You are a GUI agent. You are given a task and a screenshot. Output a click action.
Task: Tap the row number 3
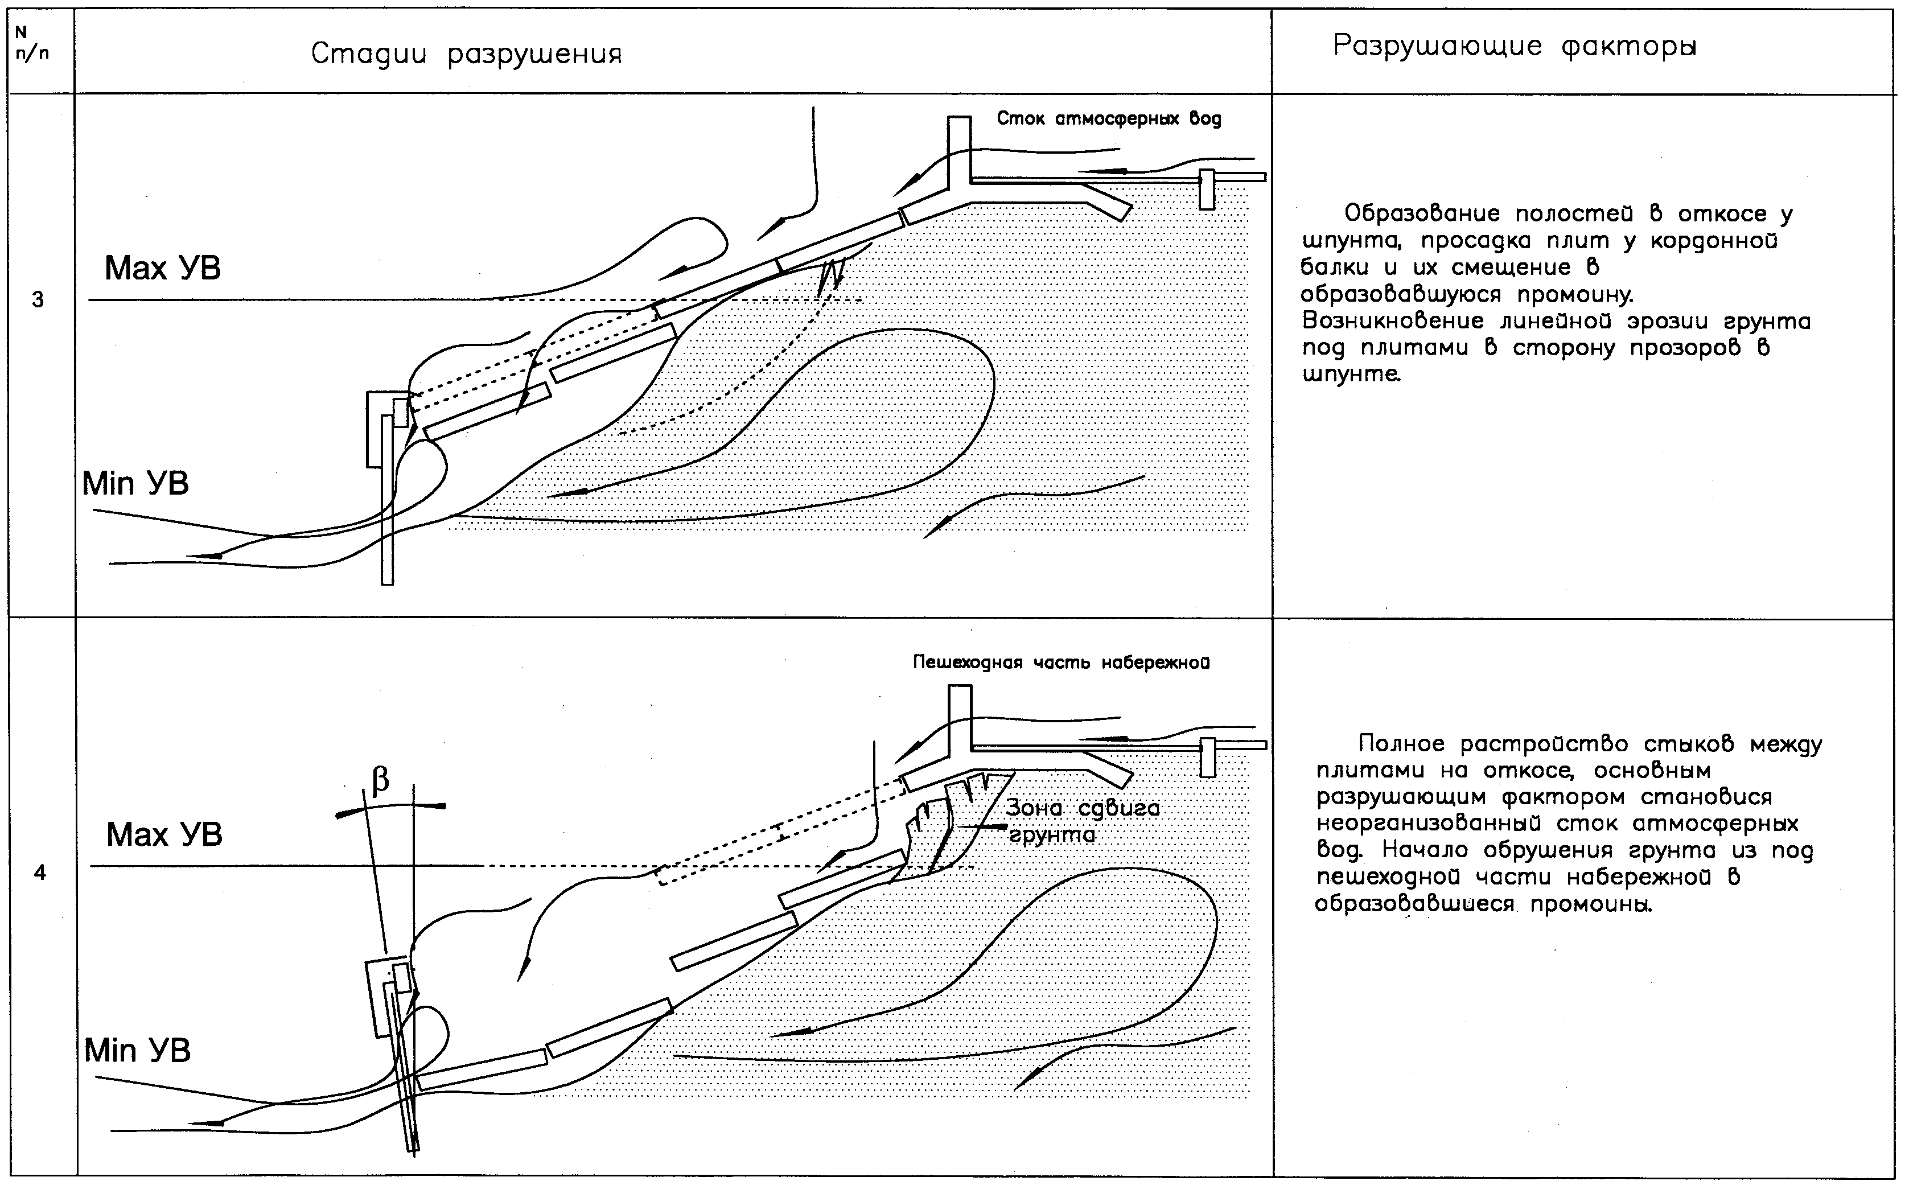38,300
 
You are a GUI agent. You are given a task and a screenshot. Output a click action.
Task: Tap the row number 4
39,873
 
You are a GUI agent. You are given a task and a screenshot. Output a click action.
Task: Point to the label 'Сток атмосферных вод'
1109,119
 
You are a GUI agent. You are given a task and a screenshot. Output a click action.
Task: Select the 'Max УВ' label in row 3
163,269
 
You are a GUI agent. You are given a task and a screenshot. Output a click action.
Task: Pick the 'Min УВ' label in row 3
135,484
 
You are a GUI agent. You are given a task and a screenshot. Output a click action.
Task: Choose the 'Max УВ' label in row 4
164,836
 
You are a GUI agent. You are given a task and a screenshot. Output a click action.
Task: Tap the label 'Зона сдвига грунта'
1081,821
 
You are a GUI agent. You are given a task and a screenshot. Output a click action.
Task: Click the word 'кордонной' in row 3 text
1714,241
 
